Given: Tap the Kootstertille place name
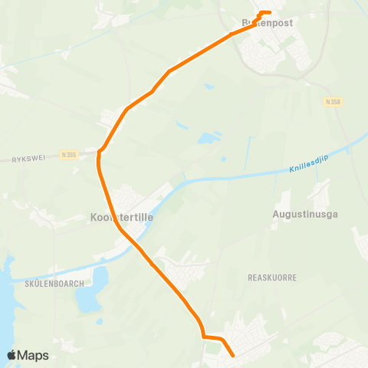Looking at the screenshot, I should click(122, 218).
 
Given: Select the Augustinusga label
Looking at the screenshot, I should click(305, 215).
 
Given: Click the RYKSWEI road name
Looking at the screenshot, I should click(29, 158).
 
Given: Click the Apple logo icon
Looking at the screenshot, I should click(12, 355).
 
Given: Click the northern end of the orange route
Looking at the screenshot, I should click(268, 12).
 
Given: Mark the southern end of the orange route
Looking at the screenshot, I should click(232, 355).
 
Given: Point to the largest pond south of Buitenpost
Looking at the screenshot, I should click(208, 139).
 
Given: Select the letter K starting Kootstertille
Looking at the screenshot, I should click(93, 218).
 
